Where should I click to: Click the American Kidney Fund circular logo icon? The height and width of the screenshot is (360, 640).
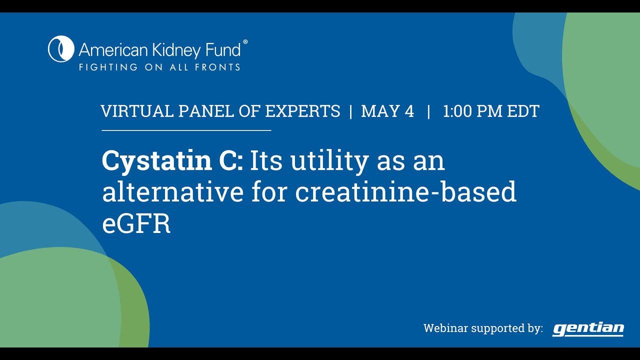(61, 49)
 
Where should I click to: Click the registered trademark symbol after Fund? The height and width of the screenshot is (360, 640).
(245, 43)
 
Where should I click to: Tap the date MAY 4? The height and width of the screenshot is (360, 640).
(387, 111)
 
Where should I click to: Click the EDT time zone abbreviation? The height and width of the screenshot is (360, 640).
(523, 111)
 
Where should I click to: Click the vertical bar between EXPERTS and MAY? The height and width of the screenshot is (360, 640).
(350, 111)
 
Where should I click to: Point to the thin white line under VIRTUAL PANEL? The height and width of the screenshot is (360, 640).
(186, 130)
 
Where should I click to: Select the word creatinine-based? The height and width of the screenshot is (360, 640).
(405, 192)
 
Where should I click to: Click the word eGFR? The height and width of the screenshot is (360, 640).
(136, 224)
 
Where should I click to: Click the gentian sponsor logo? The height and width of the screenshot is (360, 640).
(588, 328)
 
